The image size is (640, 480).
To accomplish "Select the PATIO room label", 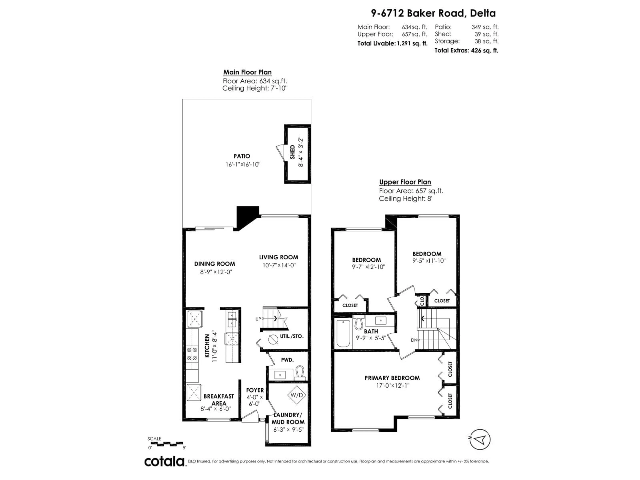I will click(242, 156).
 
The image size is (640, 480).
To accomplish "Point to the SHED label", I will click(292, 152).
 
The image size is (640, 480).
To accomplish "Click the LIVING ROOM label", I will click(278, 257).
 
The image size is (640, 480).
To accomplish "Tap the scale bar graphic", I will click(165, 443).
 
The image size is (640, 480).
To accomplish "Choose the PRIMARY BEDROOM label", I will click(392, 378).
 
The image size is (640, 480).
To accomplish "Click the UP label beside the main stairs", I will click(258, 319).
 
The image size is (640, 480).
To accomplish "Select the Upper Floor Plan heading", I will click(405, 182).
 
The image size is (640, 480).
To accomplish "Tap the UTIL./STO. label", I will click(292, 336).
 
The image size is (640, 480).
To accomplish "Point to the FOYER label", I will click(255, 390).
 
